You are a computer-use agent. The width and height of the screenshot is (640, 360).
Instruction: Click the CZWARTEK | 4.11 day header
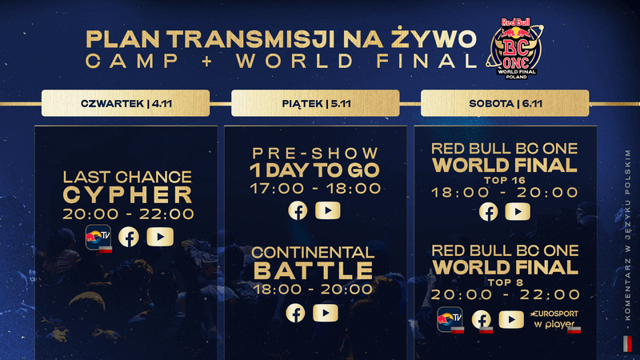(124, 103)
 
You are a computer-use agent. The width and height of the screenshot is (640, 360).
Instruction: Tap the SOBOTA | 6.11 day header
(505, 103)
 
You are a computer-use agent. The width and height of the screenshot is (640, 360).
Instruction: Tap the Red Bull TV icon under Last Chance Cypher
(97, 236)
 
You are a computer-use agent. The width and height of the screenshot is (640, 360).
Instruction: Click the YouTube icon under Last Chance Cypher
(161, 237)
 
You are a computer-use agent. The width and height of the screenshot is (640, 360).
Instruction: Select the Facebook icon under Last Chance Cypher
(129, 237)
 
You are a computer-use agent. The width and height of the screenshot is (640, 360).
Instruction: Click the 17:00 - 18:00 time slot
(315, 189)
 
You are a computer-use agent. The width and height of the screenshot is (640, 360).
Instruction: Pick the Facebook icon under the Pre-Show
(298, 210)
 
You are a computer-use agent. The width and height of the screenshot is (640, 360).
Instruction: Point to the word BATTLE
(314, 270)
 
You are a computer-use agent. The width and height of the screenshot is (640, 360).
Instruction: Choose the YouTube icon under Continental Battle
(326, 313)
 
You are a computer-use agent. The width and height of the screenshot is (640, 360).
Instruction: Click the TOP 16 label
(504, 180)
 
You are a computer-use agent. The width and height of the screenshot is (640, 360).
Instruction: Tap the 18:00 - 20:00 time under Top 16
(504, 192)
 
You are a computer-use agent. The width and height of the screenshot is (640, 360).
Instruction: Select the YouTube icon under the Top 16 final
(518, 211)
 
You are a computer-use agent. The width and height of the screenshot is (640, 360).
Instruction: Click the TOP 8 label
(504, 282)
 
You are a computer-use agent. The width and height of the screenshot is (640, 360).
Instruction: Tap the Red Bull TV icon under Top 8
(450, 318)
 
